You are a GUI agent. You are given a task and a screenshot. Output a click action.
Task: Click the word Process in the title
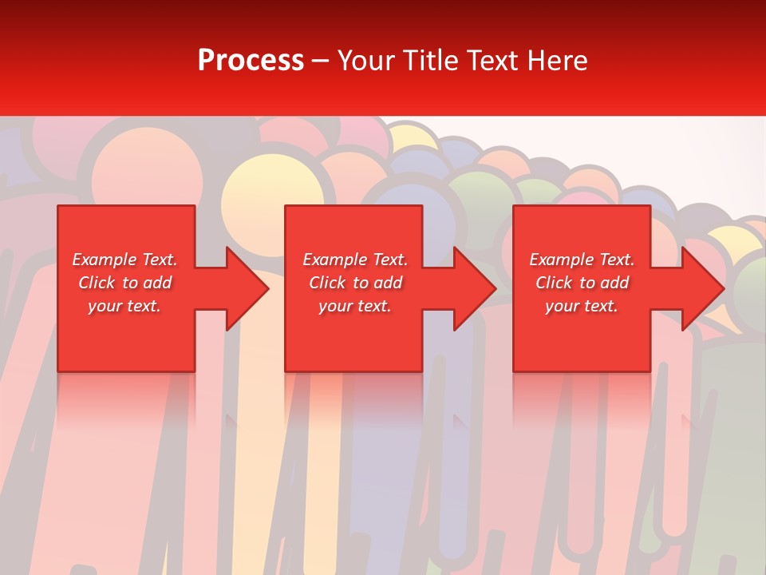pyautogui.click(x=251, y=61)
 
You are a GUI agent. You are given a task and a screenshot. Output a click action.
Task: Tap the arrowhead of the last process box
pyautogui.click(x=701, y=288)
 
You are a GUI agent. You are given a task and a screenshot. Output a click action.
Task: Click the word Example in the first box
pyautogui.click(x=104, y=260)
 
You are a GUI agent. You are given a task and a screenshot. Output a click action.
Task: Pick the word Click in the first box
pyautogui.click(x=97, y=283)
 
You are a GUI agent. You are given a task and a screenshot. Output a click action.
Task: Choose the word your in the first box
pyautogui.click(x=105, y=306)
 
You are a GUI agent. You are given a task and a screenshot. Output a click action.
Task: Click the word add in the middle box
pyautogui.click(x=388, y=283)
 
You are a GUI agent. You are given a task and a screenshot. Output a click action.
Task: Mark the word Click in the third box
pyautogui.click(x=554, y=283)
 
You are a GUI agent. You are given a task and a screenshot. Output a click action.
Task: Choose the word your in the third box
pyautogui.click(x=562, y=306)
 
